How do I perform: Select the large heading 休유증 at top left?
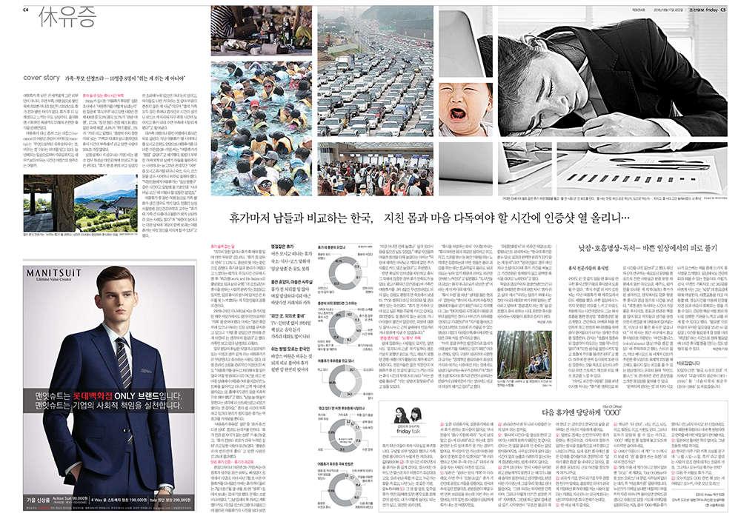pyautogui.click(x=64, y=19)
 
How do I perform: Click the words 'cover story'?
pyautogui.click(x=41, y=76)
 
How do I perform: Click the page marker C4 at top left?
pyautogui.click(x=26, y=8)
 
